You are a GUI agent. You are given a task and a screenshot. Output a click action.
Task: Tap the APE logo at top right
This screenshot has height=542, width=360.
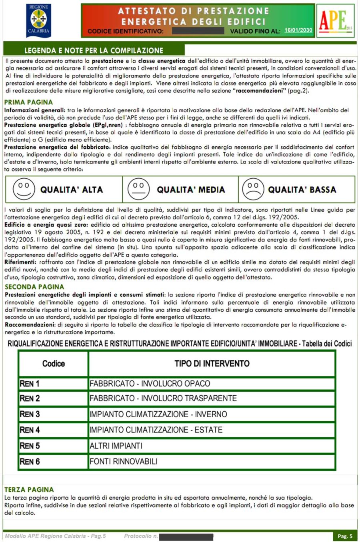click(x=335, y=20)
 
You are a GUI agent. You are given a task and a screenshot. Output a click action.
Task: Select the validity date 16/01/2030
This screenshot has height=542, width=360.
click(x=298, y=30)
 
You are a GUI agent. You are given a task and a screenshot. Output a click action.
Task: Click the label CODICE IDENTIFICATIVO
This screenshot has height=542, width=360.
click(x=125, y=31)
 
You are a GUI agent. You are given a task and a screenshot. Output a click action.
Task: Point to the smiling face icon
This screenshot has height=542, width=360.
click(x=24, y=189)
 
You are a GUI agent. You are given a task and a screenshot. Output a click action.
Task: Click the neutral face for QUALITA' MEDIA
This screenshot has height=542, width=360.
click(x=138, y=189)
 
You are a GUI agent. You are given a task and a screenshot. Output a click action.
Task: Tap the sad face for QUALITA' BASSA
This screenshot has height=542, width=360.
click(x=253, y=189)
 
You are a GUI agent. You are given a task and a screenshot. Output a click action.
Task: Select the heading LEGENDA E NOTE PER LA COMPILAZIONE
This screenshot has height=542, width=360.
click(x=94, y=50)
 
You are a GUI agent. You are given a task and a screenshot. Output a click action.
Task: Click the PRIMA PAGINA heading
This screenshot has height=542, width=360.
click(x=28, y=102)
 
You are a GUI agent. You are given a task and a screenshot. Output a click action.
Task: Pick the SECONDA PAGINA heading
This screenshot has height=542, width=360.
click(x=34, y=287)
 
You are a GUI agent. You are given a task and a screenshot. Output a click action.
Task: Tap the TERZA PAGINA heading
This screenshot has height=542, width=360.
click(x=29, y=490)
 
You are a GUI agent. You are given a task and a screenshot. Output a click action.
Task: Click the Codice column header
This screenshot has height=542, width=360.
click(x=53, y=364)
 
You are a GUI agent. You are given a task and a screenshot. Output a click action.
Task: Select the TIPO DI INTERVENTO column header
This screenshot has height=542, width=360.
click(x=212, y=364)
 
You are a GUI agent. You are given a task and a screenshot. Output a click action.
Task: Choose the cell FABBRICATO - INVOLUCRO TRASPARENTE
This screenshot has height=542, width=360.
click(x=163, y=399)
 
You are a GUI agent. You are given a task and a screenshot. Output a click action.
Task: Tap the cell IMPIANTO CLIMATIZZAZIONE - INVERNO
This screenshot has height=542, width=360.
click(x=158, y=414)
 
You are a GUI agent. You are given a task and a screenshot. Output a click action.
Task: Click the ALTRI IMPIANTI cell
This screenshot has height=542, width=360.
click(x=116, y=446)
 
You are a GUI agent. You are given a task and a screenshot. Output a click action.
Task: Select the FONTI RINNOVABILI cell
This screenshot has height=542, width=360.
click(x=124, y=461)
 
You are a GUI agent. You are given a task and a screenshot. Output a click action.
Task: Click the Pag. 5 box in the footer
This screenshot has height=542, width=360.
click(x=345, y=536)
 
